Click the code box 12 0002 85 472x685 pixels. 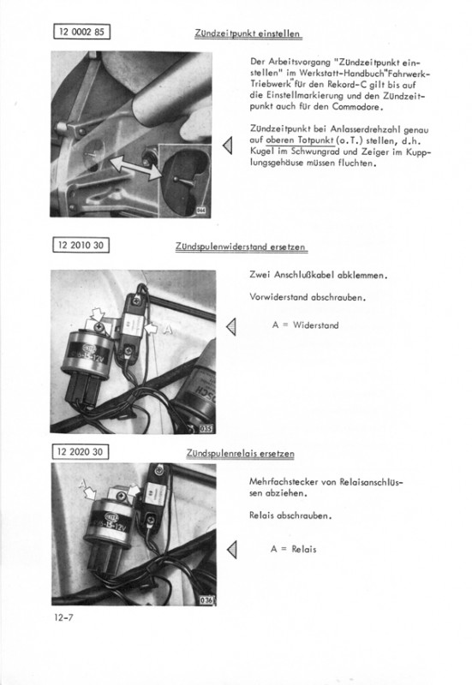[81, 32]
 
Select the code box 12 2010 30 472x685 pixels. [81, 245]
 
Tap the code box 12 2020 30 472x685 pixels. [81, 452]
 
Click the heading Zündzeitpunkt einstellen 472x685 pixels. [248, 34]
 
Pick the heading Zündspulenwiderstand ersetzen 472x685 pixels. [242, 247]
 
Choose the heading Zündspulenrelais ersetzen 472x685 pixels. [241, 454]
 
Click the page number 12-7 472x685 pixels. [63, 617]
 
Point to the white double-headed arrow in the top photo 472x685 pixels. [136, 168]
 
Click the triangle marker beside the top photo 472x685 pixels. [228, 146]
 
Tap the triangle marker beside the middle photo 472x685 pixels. [231, 327]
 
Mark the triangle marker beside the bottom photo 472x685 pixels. [232, 550]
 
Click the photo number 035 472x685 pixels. [206, 429]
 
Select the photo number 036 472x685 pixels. [206, 600]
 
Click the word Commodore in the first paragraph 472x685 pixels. [357, 107]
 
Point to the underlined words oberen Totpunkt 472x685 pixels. [300, 140]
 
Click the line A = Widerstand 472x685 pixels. [305, 325]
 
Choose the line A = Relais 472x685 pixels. [293, 549]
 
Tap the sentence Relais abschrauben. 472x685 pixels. [290, 515]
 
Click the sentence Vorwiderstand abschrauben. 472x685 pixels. [308, 297]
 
